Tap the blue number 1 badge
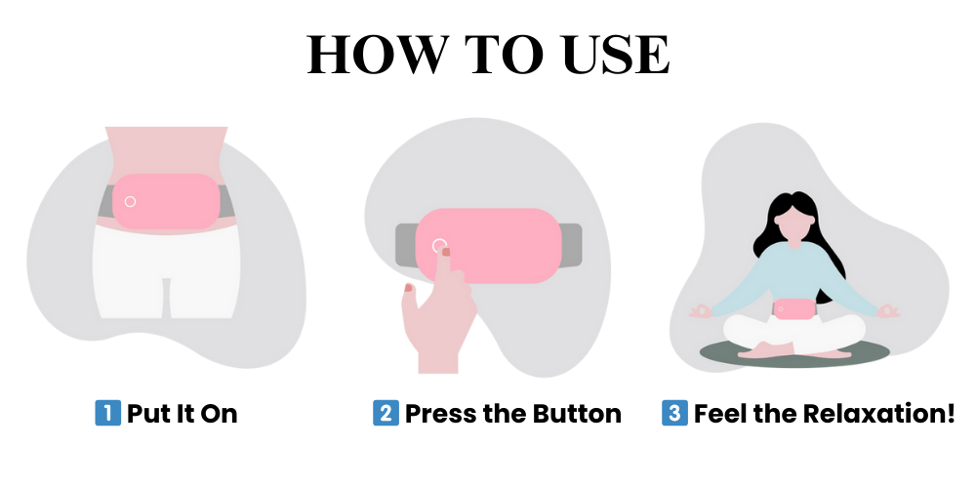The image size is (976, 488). pos(107,413)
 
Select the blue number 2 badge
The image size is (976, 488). pos(386,413)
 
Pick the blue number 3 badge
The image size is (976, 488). pos(674,413)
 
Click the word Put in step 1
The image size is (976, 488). pos(147,413)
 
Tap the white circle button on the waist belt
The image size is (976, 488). pos(130,201)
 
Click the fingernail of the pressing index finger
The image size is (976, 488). pos(446,252)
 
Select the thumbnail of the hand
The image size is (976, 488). pos(408,287)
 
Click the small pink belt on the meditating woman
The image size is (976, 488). pos(793,308)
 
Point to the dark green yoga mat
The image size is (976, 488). pos(794,351)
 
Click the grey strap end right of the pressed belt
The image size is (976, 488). pos(570,245)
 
